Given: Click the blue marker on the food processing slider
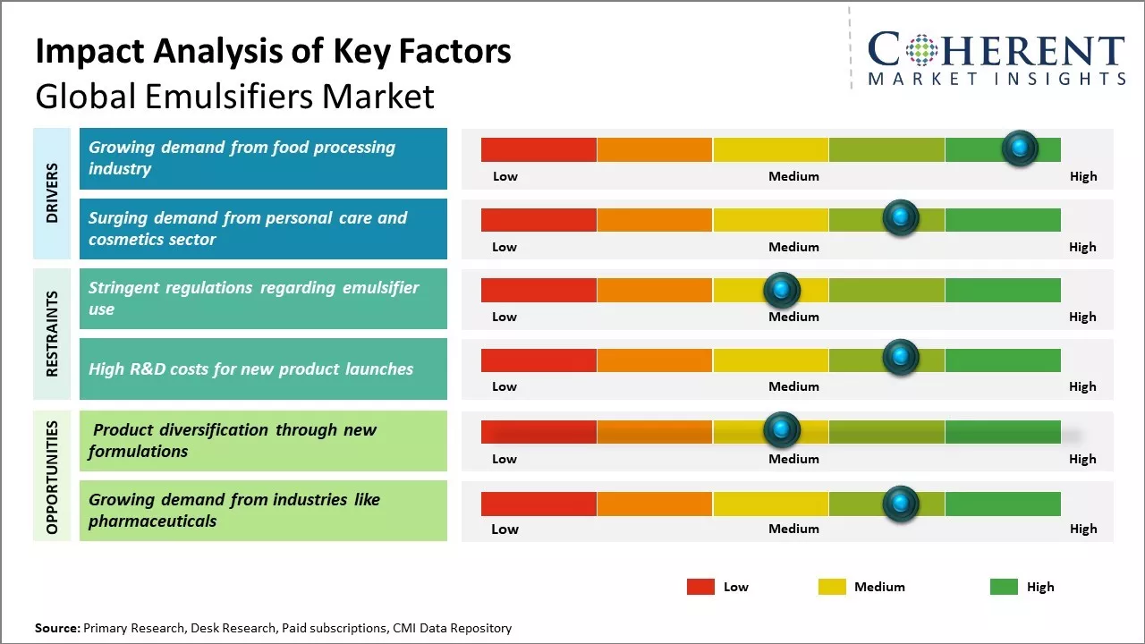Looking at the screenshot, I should pyautogui.click(x=1020, y=148).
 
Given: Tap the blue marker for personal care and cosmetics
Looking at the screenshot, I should pyautogui.click(x=901, y=218).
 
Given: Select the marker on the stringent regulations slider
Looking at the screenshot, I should pyautogui.click(x=782, y=290).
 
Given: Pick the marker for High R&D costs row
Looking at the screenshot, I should pyautogui.click(x=901, y=359).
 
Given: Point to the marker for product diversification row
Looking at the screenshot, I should pyautogui.click(x=782, y=430).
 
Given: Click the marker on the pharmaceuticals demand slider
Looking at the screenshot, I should pyautogui.click(x=901, y=504).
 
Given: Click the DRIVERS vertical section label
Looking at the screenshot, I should pyautogui.click(x=52, y=193).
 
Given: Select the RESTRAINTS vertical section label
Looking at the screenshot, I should pyautogui.click(x=52, y=334).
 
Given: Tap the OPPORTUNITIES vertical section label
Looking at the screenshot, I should pyautogui.click(x=52, y=477).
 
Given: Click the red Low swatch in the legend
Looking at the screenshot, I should pyautogui.click(x=700, y=587).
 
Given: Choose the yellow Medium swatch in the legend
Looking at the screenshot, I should pyautogui.click(x=832, y=587).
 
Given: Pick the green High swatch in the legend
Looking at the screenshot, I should pyautogui.click(x=1004, y=587).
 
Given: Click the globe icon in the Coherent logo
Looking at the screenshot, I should pyautogui.click(x=920, y=50).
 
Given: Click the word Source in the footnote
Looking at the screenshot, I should pyautogui.click(x=56, y=628).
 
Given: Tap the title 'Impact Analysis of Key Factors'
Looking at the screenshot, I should pyautogui.click(x=273, y=52).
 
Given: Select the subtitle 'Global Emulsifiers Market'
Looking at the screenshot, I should pyautogui.click(x=234, y=96).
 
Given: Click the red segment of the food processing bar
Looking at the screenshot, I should pyautogui.click(x=539, y=149).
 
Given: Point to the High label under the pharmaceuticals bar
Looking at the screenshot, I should pyautogui.click(x=1082, y=529).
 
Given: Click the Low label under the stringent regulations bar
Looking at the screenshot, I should pyautogui.click(x=505, y=317).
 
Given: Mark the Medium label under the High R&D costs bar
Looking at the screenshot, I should pyautogui.click(x=793, y=386).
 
